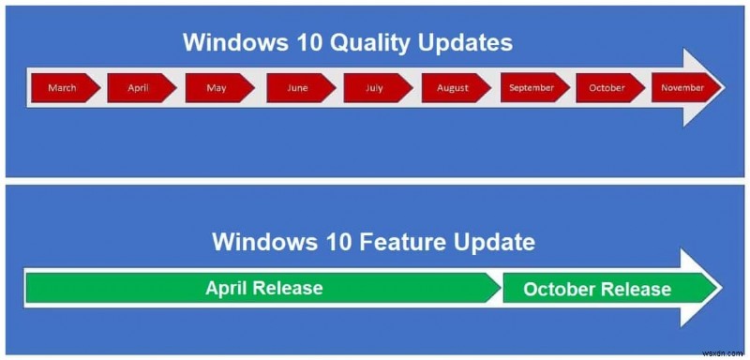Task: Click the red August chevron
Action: (x=453, y=87)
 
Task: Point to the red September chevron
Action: (x=531, y=87)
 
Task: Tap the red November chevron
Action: (x=682, y=87)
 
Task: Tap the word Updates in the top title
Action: (x=467, y=43)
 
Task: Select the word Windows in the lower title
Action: (x=257, y=242)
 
